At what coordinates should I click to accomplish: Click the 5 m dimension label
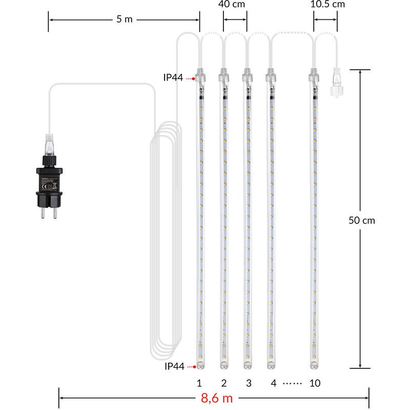[x=125, y=19]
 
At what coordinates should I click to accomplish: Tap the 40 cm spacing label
[x=232, y=4]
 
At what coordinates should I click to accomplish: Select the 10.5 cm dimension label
[x=327, y=4]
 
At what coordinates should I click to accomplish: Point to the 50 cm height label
[x=362, y=220]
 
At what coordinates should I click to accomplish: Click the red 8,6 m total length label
[x=217, y=398]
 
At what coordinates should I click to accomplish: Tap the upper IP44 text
[x=173, y=77]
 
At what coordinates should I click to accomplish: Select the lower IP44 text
[x=174, y=366]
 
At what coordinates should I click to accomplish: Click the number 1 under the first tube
[x=199, y=383]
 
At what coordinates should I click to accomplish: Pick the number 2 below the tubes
[x=224, y=383]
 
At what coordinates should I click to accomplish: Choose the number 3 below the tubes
[x=249, y=383]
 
